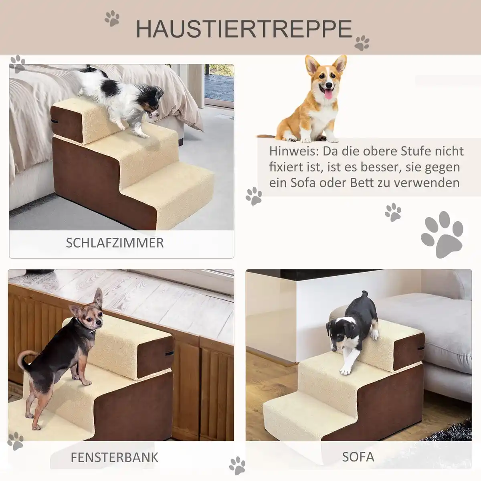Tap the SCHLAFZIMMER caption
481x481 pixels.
115,243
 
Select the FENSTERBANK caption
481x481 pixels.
115,457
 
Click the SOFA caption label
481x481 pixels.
358,457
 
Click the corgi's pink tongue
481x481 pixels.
327,94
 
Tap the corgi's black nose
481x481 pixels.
329,85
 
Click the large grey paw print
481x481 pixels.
442,235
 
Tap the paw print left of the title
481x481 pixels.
112,18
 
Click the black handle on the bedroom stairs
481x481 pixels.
56,121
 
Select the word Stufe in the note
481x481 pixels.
414,152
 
